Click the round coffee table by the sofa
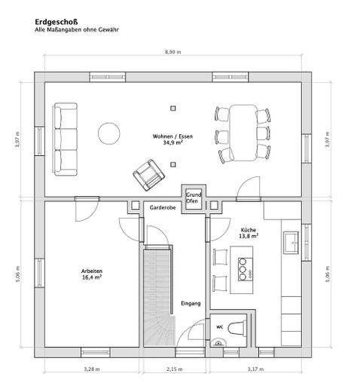click(110, 133)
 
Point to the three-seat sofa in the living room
click(64, 137)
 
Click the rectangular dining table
click(243, 133)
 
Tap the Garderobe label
click(163, 207)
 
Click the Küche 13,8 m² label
click(249, 233)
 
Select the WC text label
click(220, 327)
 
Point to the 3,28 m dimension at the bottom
click(91, 369)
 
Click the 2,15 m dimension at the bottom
click(173, 369)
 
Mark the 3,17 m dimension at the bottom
click(255, 369)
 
